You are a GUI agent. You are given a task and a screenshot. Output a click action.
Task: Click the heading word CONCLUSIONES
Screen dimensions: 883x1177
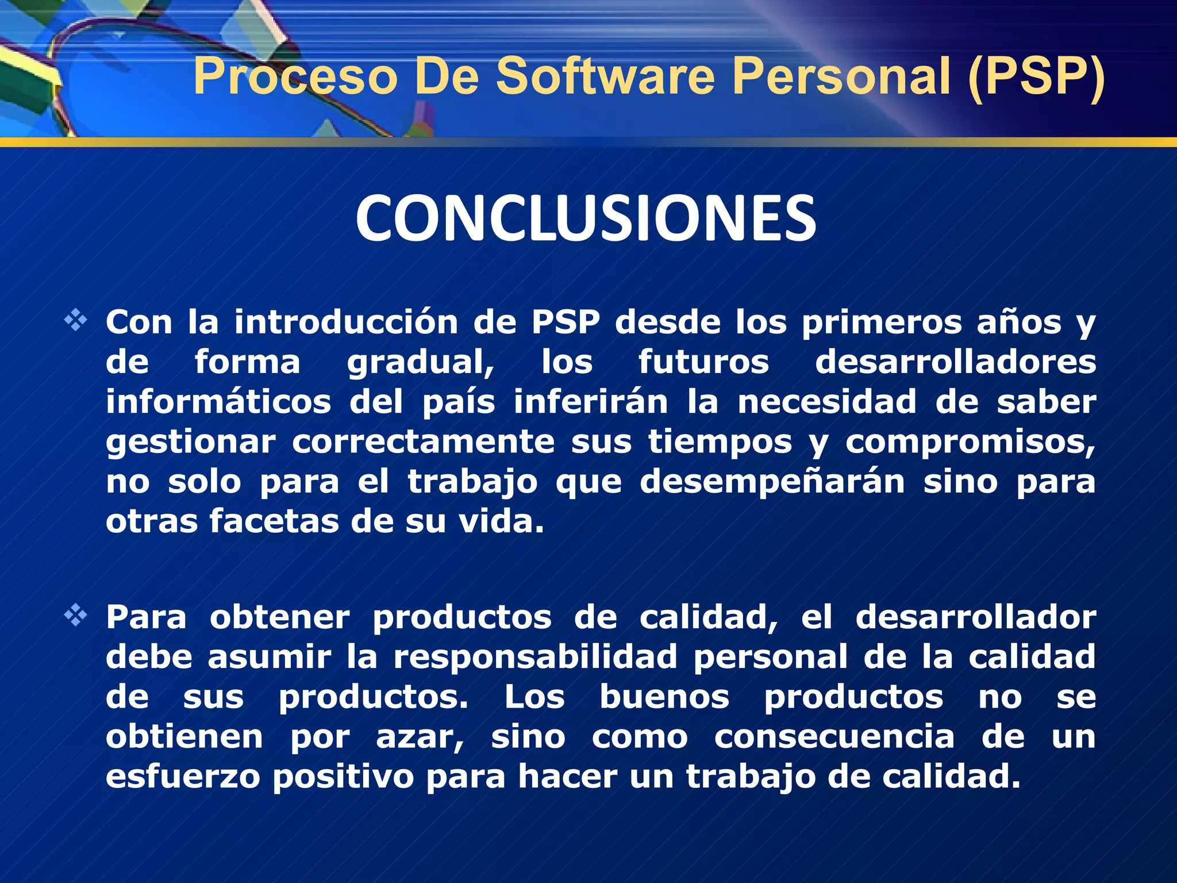pyautogui.click(x=586, y=218)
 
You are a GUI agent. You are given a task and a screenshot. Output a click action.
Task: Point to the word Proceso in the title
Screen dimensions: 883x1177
pyautogui.click(x=295, y=76)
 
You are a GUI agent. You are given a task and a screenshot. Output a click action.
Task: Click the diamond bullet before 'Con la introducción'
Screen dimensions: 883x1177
pyautogui.click(x=75, y=320)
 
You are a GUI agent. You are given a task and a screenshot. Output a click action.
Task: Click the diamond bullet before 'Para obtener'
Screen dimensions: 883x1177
pyautogui.click(x=75, y=616)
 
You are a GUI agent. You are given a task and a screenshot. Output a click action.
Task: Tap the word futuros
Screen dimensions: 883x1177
pyautogui.click(x=703, y=362)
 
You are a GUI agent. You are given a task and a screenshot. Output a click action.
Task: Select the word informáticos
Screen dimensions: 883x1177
pyautogui.click(x=218, y=402)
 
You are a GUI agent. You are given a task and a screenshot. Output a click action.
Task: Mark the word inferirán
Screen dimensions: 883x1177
pyautogui.click(x=591, y=402)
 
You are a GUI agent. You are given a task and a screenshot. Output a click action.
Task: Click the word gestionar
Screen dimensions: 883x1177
pyautogui.click(x=191, y=443)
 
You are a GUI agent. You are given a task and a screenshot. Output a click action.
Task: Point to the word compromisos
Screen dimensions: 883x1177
pyautogui.click(x=970, y=443)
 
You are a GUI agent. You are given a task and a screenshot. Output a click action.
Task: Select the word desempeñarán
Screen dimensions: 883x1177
pyautogui.click(x=773, y=482)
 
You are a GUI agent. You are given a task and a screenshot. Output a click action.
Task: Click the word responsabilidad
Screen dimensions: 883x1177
pyautogui.click(x=535, y=658)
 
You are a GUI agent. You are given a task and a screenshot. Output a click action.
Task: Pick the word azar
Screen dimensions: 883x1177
pyautogui.click(x=419, y=737)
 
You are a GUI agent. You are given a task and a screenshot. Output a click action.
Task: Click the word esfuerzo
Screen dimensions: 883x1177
pyautogui.click(x=183, y=777)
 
